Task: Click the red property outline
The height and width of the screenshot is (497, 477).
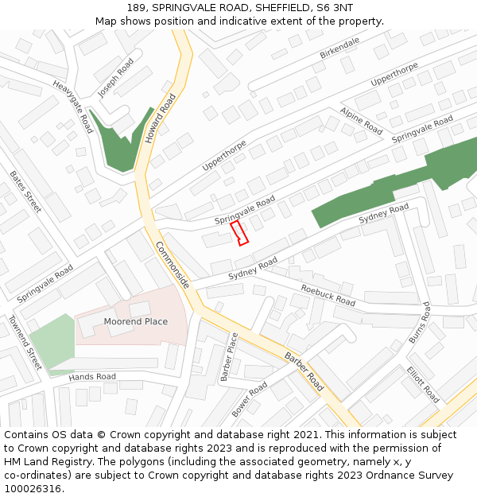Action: click(239, 233)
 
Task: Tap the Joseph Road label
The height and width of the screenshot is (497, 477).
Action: click(116, 77)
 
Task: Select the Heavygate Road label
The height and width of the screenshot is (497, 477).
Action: click(74, 106)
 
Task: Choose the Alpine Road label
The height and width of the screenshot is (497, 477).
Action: click(362, 120)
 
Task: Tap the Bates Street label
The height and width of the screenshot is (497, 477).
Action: click(25, 191)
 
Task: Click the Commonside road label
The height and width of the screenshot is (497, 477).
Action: click(172, 266)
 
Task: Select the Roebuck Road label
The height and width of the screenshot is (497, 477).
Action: click(328, 295)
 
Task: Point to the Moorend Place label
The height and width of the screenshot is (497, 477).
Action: click(136, 321)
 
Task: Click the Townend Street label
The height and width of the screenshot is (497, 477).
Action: click(25, 342)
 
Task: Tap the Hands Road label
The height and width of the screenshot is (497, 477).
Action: click(92, 376)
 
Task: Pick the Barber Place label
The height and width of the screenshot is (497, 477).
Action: click(229, 356)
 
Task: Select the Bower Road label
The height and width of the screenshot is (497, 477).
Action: click(250, 399)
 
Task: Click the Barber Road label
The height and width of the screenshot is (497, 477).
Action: click(304, 372)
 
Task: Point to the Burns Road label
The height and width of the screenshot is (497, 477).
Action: click(419, 322)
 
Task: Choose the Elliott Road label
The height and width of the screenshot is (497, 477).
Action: click(422, 384)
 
